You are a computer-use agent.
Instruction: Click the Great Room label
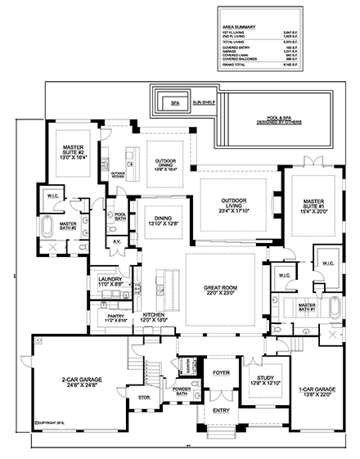coord(224,289)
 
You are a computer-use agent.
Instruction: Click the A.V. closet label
coord(116,242)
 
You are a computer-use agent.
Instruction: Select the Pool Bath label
coord(120,216)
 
